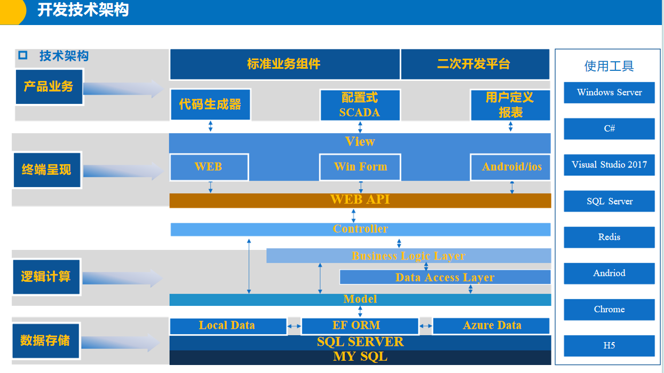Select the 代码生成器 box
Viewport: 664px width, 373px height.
point(210,104)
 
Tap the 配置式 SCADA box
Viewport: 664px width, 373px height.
point(360,105)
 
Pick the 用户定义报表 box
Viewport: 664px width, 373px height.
point(510,105)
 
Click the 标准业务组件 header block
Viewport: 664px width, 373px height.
point(284,64)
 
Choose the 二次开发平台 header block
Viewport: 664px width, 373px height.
point(474,64)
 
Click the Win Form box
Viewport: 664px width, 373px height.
point(360,167)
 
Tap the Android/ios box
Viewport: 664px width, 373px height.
point(511,167)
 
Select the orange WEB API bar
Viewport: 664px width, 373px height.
point(360,200)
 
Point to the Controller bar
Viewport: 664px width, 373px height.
point(360,229)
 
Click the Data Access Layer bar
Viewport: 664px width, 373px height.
point(445,277)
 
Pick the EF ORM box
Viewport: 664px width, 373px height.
point(359,326)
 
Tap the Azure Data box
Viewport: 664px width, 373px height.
point(491,326)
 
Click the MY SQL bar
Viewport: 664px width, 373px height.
point(360,357)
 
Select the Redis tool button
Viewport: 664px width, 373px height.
point(609,237)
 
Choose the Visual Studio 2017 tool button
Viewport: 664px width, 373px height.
point(609,165)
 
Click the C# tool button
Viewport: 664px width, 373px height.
point(609,128)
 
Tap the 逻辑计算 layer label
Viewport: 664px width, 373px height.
point(46,277)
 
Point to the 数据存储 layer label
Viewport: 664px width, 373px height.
point(45,340)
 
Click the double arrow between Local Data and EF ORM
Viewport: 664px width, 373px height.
point(294,326)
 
